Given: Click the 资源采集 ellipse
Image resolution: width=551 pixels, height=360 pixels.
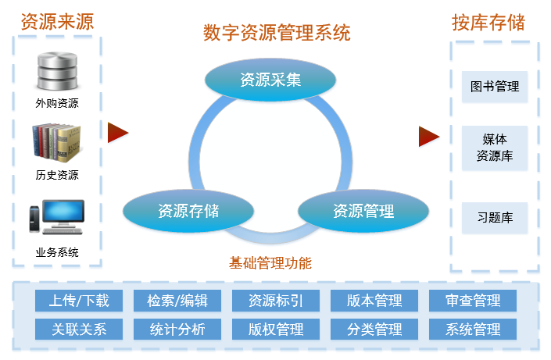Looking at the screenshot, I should pos(270,80).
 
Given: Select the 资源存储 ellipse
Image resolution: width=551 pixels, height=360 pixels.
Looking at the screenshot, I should pos(188,211).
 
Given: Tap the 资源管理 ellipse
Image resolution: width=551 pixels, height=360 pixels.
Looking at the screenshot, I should pos(363,211).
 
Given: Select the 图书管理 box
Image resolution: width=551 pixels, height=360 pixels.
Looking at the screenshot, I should pos(495,87).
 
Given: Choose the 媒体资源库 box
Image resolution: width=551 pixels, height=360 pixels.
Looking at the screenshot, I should pos(495,148).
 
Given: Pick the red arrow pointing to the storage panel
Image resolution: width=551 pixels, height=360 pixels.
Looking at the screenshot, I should pos(428,136).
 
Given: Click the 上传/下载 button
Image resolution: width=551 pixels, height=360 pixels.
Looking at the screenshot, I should pos(79,301).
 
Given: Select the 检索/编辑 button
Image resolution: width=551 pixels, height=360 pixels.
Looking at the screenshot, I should pos(177,301).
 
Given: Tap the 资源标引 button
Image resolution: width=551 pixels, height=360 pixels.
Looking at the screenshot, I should pos(276,301).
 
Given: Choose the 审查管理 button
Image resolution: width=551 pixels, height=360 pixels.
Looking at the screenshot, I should pos(473,301).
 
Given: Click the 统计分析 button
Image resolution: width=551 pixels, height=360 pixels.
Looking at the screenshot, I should pos(177,329).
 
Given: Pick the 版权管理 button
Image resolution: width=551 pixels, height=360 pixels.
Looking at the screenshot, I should pos(276,329).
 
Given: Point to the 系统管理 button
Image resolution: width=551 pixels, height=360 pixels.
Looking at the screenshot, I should pos(473,329).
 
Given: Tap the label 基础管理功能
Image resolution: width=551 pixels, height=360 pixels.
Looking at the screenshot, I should pos(270,263).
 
